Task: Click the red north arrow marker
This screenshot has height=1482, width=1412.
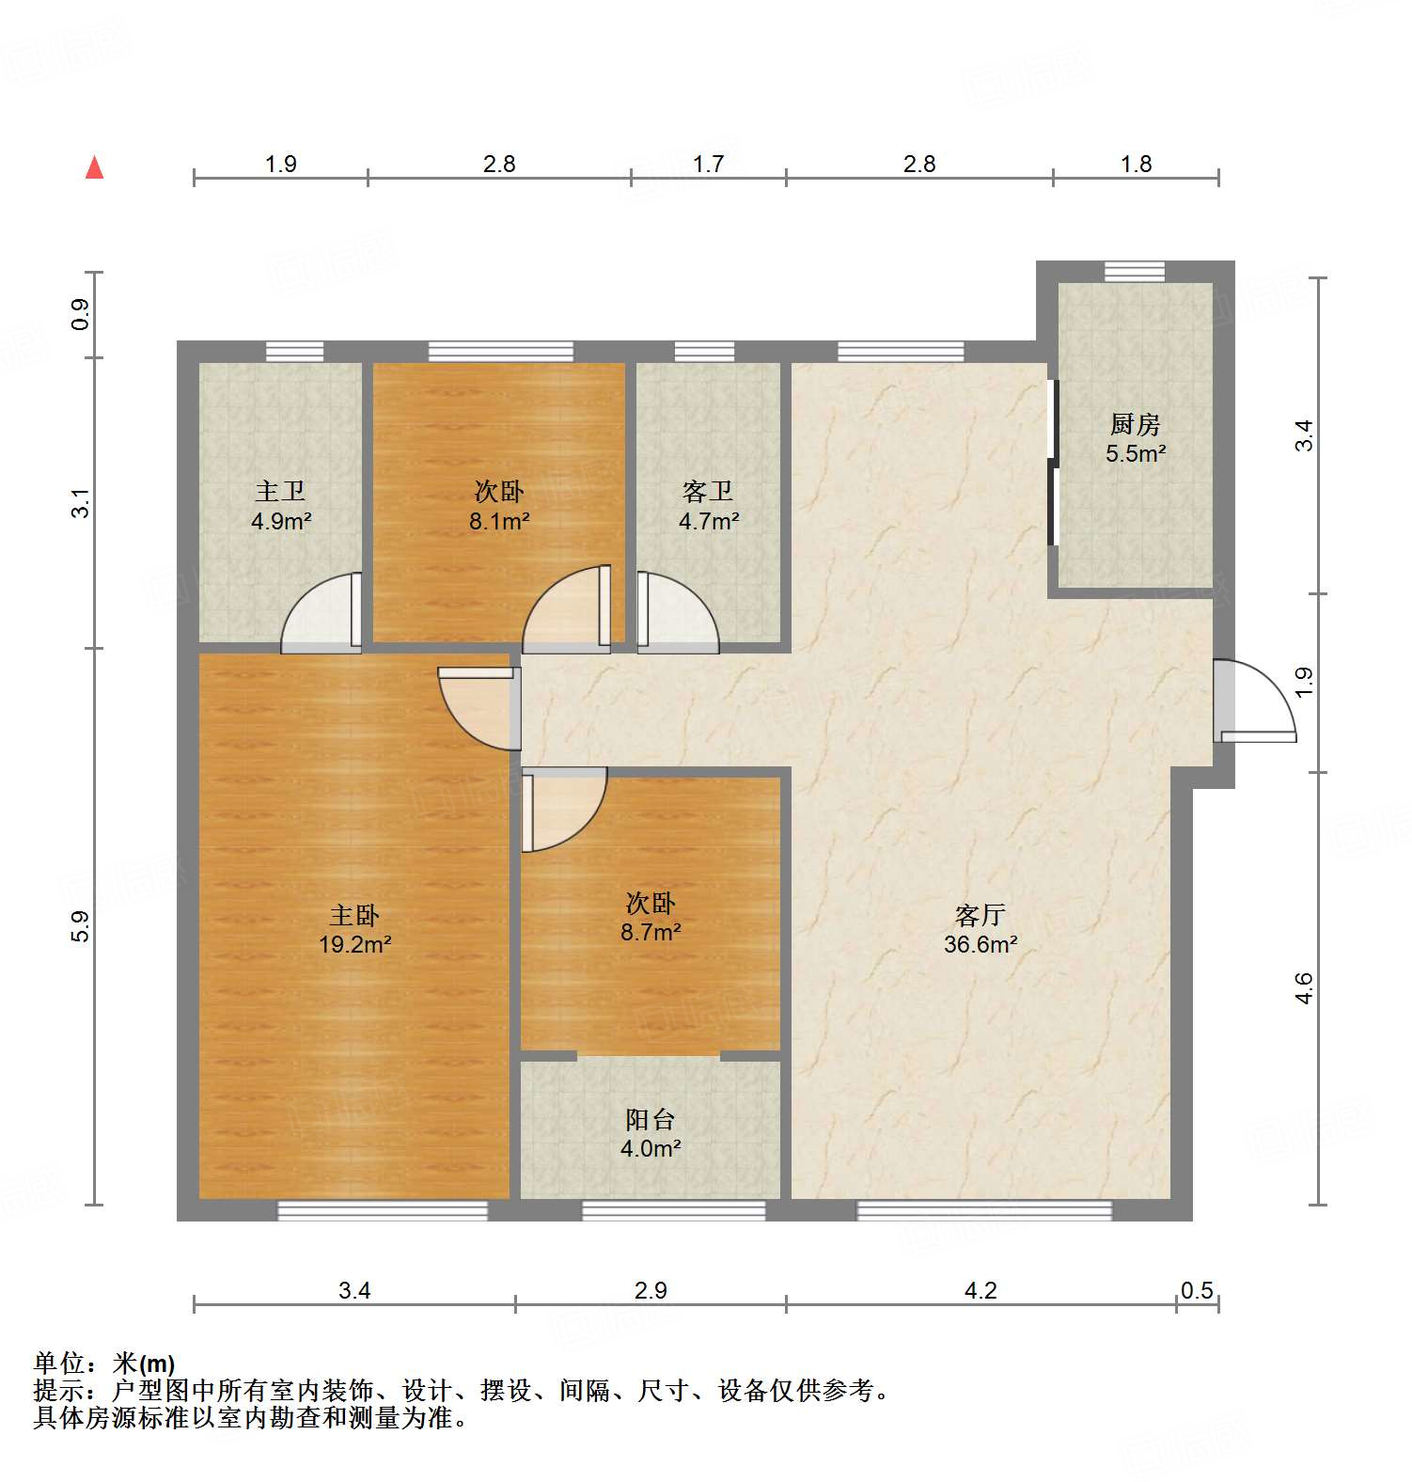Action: coord(94,168)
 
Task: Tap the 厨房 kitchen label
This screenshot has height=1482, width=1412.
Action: coord(1135,425)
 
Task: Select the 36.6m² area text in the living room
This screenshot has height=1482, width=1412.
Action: coord(980,945)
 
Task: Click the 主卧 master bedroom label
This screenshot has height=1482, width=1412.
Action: coord(354,915)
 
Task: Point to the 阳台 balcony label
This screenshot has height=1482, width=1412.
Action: coord(650,1119)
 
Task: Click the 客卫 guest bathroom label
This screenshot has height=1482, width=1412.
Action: coord(708,491)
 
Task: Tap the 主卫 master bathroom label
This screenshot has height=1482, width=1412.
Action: coord(280,491)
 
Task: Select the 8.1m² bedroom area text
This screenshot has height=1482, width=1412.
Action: coord(499,521)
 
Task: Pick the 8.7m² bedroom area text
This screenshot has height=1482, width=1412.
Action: coord(650,932)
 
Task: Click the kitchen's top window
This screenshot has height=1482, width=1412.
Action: coord(1134,271)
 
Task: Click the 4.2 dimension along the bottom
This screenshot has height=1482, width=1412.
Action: coord(980,1290)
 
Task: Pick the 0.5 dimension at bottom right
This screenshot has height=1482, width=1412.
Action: coord(1197,1290)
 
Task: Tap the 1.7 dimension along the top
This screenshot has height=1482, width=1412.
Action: coord(708,164)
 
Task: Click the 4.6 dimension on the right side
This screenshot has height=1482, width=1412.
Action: coord(1304,988)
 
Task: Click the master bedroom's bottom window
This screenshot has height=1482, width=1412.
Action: coord(383,1211)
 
